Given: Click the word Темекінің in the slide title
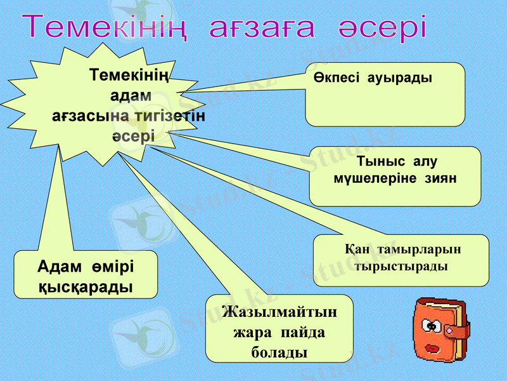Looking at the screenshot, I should coord(105,28).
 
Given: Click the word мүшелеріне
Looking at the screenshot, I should coord(372,179).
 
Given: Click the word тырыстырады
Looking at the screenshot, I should coord(401,266).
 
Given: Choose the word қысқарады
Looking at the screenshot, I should coord(86,286).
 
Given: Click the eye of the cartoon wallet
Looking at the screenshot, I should coord(433,326).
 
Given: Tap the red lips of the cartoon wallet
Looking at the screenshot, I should coord(433,349).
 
